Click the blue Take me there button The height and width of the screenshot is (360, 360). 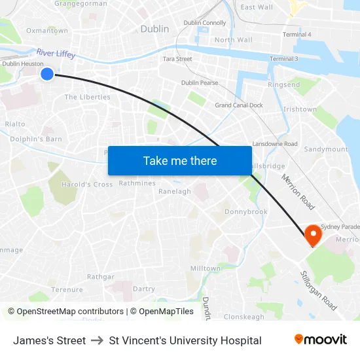[180, 161]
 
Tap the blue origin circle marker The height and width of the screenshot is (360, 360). [47, 74]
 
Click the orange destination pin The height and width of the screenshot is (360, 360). [313, 234]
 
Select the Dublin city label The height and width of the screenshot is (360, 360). [154, 29]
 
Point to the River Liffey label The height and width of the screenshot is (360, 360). [56, 53]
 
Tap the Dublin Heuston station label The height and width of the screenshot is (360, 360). [23, 64]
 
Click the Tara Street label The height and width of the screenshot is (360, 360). [177, 59]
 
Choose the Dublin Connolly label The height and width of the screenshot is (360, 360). [205, 23]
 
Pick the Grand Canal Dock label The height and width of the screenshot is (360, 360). [239, 105]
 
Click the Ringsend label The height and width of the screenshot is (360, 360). [284, 85]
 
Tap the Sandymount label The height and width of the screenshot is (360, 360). [326, 149]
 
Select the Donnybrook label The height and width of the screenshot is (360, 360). [246, 212]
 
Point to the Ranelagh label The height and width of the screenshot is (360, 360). [175, 192]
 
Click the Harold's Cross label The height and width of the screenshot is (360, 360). [87, 185]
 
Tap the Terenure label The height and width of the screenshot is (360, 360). [67, 289]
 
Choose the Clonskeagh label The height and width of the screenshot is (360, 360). [244, 317]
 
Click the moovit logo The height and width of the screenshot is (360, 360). [320, 340]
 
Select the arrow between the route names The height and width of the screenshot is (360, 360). [98, 340]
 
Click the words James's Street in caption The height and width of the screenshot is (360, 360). [49, 340]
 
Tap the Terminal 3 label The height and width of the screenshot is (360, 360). [283, 59]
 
